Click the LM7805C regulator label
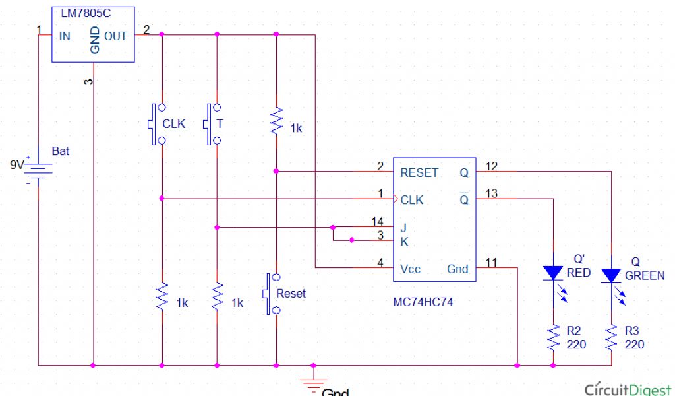(x=84, y=13)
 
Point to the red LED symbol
(x=552, y=272)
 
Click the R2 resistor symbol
(x=552, y=337)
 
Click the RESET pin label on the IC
(x=419, y=173)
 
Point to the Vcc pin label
(x=410, y=269)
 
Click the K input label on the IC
(x=404, y=242)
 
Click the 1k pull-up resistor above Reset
(x=277, y=123)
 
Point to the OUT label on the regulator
(x=115, y=36)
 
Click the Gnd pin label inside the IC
(x=457, y=269)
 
